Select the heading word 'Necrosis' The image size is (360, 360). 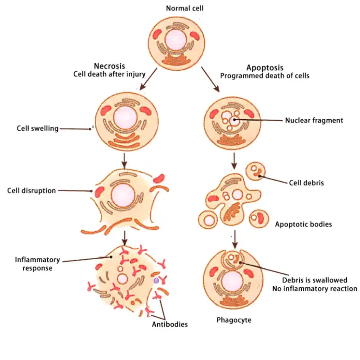coord(109,66)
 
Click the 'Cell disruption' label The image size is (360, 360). coord(31,190)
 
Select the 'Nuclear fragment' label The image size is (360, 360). coord(314,120)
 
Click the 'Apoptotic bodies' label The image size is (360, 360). coord(303,224)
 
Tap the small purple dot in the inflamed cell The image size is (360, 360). coord(156,280)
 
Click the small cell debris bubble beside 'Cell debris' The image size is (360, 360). coord(256,171)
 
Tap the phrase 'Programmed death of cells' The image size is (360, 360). coord(265,76)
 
